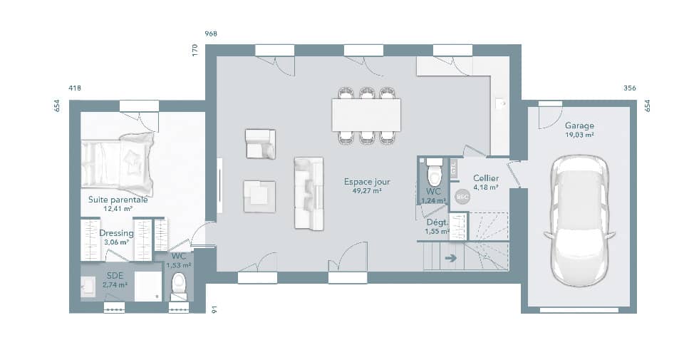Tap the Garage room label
click(579, 125)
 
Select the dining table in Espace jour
click(366, 115)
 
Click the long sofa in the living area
click(308, 193)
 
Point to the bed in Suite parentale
click(118, 163)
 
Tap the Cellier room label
click(485, 178)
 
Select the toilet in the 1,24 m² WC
click(434, 175)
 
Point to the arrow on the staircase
click(450, 258)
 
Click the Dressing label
click(116, 233)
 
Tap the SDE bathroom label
click(115, 275)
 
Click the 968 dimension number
click(211, 34)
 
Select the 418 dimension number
click(75, 88)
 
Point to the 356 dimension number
click(629, 88)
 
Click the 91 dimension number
click(214, 309)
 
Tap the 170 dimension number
click(195, 51)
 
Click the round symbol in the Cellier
click(462, 196)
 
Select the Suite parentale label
click(118, 200)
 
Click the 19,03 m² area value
click(579, 134)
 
